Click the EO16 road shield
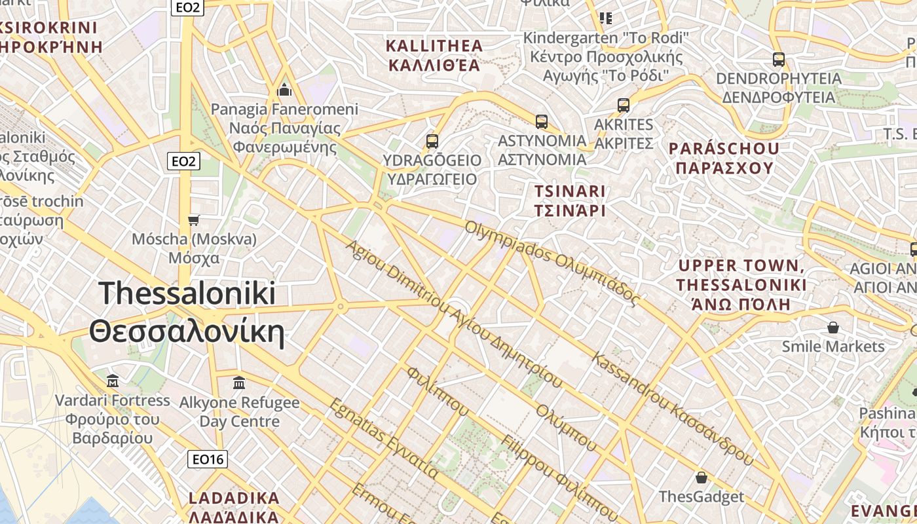208,459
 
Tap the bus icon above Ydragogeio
432,141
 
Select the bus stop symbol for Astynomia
542,121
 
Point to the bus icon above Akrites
624,105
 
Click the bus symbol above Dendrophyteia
778,60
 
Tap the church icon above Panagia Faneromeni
284,89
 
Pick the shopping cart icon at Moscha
193,220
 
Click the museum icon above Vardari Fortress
113,381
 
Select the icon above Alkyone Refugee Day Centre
239,383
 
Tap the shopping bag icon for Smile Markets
833,326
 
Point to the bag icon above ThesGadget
702,477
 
